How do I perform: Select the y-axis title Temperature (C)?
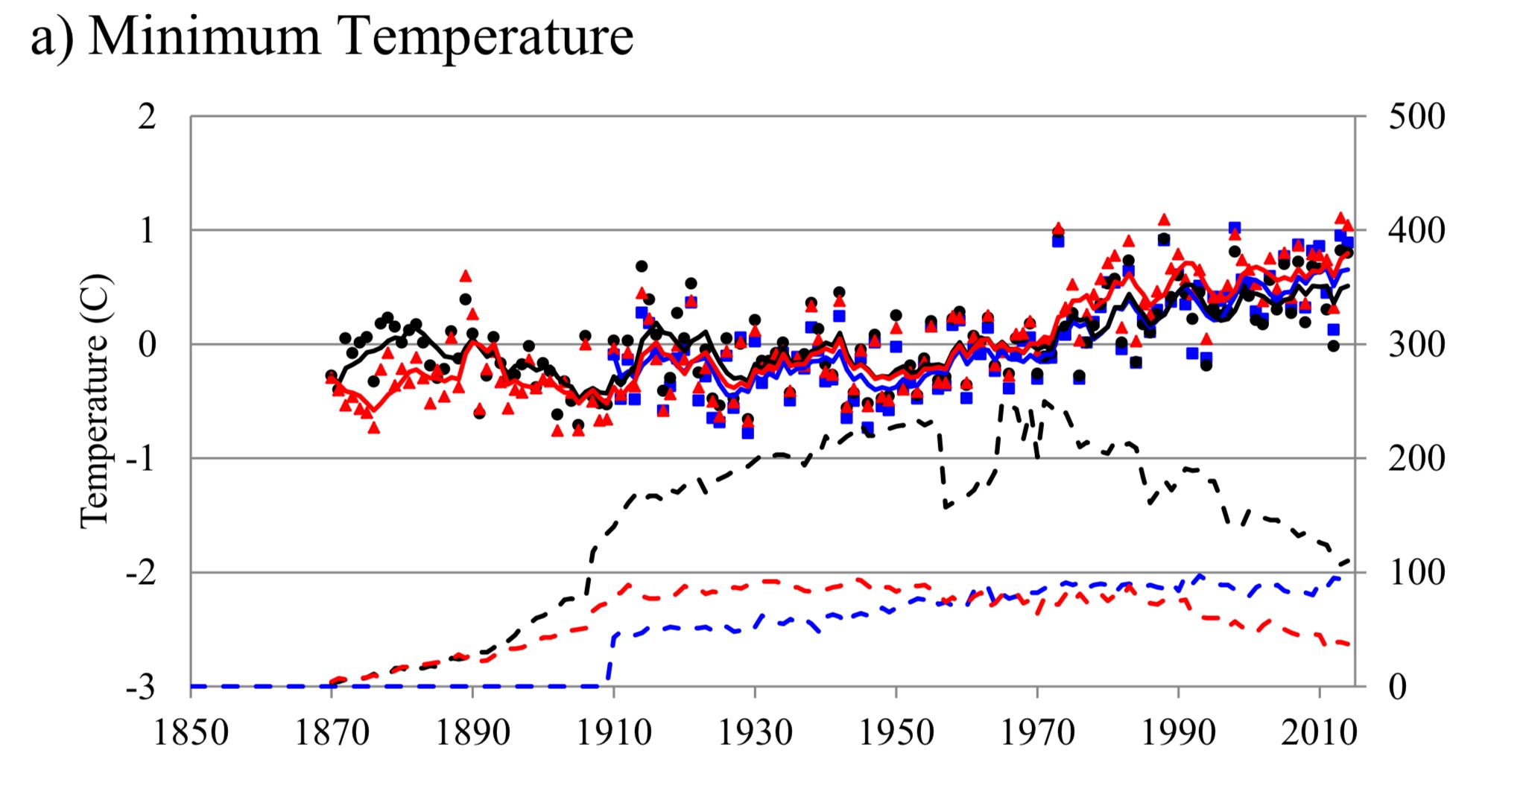coord(95,401)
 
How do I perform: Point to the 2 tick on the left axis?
coord(147,117)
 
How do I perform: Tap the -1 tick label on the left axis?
coord(141,459)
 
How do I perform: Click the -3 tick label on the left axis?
coord(141,687)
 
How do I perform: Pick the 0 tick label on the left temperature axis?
coord(147,345)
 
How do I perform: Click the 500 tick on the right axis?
coord(1416,117)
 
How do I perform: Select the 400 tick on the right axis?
coord(1416,231)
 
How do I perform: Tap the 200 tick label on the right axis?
coord(1416,459)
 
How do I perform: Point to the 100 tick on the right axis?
coord(1416,573)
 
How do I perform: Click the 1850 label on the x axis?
coord(191,732)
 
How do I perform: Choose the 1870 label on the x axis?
coord(332,732)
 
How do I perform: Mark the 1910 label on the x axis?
coord(614,732)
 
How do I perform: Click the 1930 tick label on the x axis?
coord(755,732)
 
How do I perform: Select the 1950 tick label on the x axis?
coord(896,732)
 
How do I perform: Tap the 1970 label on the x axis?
coord(1037,732)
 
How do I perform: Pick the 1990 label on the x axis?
coord(1178,732)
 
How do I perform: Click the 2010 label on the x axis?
coord(1319,732)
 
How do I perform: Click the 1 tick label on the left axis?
coord(147,231)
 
